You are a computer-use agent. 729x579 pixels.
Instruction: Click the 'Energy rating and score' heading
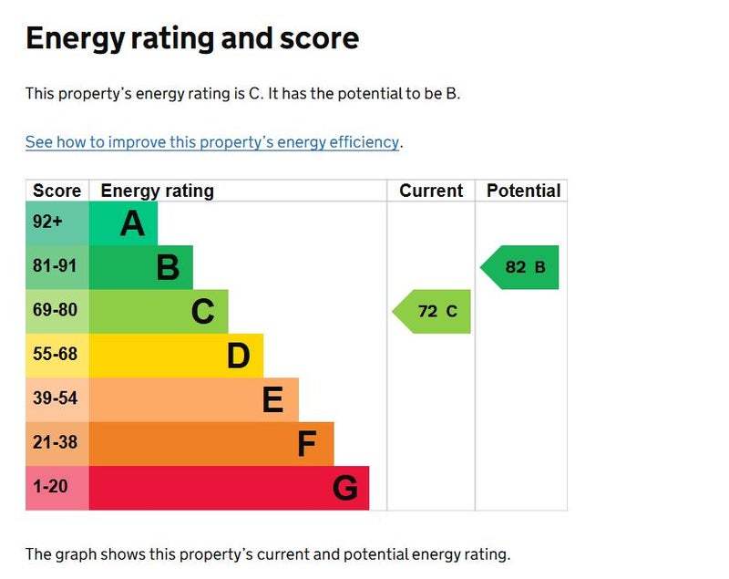(x=192, y=38)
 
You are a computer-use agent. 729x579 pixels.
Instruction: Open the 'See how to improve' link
(x=211, y=142)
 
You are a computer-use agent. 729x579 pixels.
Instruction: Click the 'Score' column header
(x=57, y=191)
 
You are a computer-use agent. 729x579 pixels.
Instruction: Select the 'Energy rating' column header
(x=157, y=191)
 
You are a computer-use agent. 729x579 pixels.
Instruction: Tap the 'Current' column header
(x=431, y=191)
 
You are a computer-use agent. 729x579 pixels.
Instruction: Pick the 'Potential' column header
(x=523, y=191)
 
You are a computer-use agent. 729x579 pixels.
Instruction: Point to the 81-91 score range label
(x=56, y=266)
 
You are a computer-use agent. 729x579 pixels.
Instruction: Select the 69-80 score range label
(x=56, y=310)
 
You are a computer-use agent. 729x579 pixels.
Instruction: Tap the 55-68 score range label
(x=56, y=354)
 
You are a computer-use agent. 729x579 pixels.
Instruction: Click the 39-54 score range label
(x=56, y=398)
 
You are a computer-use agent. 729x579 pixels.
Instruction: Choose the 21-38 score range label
(x=56, y=442)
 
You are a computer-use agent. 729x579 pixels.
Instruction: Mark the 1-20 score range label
(x=50, y=487)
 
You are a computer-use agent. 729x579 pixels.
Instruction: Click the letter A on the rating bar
(x=132, y=222)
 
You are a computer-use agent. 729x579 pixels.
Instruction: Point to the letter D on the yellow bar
(x=238, y=356)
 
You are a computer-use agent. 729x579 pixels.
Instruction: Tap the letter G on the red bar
(x=344, y=489)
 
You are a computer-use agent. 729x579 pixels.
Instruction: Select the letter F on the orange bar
(x=307, y=444)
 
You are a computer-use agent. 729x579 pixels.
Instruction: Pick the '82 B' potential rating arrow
(x=522, y=267)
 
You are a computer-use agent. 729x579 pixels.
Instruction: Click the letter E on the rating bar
(x=272, y=399)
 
